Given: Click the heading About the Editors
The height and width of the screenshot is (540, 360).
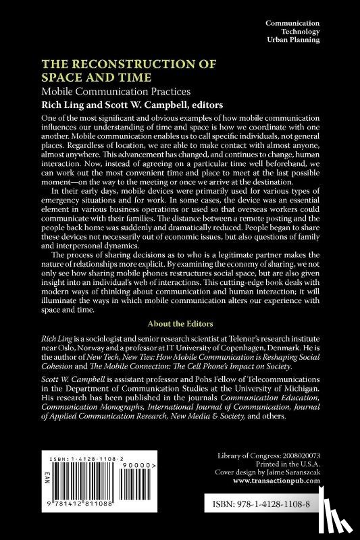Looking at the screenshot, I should click(x=180, y=304).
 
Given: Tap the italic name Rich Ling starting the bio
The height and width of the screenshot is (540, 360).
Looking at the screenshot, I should click(x=57, y=322).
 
